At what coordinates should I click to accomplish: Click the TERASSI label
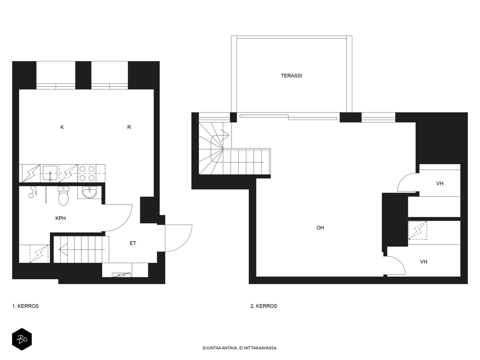[291, 76]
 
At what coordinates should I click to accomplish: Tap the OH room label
[320, 227]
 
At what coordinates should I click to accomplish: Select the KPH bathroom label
[60, 218]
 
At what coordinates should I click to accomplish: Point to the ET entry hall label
[133, 243]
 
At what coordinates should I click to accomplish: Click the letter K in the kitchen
[62, 127]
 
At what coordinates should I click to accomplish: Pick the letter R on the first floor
[129, 127]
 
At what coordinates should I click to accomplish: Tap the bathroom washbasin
[89, 192]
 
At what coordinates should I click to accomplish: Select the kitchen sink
[50, 174]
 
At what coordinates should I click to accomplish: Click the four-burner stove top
[87, 173]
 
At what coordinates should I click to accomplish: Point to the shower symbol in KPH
[33, 192]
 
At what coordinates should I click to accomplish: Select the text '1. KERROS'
[25, 306]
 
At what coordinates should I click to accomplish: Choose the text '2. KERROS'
[264, 306]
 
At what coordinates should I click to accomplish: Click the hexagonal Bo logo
[22, 339]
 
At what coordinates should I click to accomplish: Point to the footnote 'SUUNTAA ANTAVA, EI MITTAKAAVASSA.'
[240, 348]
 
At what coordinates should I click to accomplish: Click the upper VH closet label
[440, 183]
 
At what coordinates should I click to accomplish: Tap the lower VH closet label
[424, 262]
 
